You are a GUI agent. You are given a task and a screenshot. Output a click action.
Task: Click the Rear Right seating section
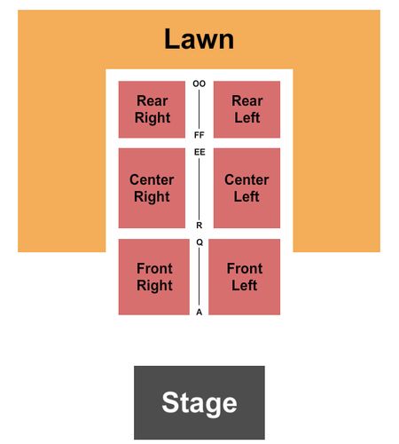152,109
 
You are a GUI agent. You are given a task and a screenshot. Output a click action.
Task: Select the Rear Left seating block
246,109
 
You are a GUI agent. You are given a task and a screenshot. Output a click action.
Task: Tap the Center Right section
152,188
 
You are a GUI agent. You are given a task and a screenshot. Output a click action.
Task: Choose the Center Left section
246,188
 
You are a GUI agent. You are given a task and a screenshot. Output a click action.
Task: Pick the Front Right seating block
154,277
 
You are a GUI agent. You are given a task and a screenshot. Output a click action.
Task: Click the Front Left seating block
245,277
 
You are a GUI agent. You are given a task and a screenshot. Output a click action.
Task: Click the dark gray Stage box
199,402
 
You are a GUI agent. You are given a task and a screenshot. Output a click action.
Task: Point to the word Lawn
199,39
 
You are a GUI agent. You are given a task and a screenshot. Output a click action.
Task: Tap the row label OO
199,83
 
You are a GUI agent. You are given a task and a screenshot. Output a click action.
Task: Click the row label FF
199,135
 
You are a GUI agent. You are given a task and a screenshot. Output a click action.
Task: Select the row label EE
199,152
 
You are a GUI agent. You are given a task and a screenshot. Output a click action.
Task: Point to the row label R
199,226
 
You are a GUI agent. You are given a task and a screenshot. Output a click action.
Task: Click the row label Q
199,242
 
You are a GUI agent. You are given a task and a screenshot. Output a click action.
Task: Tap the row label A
199,312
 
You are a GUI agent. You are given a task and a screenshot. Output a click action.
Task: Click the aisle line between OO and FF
199,109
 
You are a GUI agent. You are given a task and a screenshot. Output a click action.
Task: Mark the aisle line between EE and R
199,189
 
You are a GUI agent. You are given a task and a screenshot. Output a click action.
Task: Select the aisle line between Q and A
199,277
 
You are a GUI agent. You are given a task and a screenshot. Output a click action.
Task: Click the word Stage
199,403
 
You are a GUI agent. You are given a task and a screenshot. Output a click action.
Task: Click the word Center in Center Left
246,179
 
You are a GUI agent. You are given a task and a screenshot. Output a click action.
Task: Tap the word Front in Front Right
154,268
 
